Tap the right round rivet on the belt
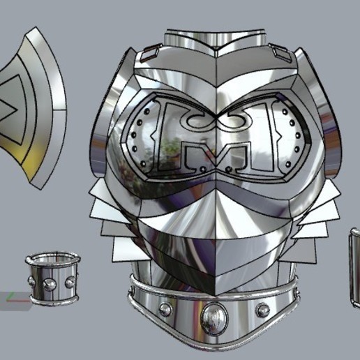click(x=262, y=309)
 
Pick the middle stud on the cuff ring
click(x=50, y=284)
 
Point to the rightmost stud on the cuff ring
click(x=70, y=282)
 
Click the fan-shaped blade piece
click(x=31, y=108)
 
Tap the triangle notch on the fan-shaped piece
click(x=7, y=109)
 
